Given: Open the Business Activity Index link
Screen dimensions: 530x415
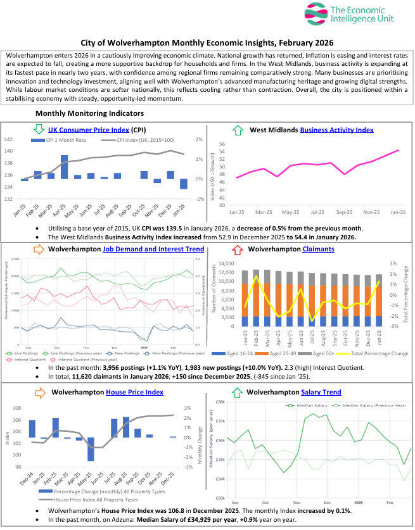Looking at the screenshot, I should tap(336, 130).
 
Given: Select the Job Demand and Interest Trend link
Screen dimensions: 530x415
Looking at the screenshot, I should tap(153, 249).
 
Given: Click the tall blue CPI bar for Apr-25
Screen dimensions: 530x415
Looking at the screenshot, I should tap(64, 167).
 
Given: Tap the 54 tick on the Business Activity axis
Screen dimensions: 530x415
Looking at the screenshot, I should tap(222, 152).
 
